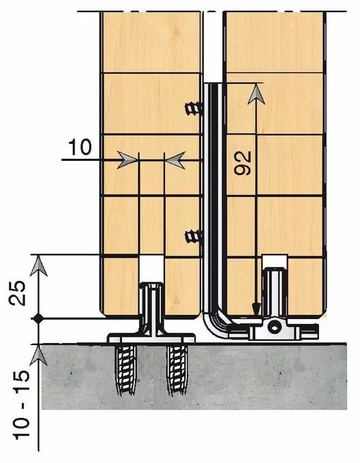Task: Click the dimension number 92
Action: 243,163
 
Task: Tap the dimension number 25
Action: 17,293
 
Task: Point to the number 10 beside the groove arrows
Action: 80,147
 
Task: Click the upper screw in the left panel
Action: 194,109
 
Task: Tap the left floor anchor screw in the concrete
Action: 126,369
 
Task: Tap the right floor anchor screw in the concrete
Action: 177,370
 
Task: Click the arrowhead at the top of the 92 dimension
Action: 256,94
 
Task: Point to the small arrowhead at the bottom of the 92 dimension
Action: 256,309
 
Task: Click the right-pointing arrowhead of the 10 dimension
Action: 127,160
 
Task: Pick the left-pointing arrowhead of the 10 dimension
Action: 175,160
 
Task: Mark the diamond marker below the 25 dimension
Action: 38,318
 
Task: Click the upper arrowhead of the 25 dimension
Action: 39,266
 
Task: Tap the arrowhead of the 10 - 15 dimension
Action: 39,355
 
